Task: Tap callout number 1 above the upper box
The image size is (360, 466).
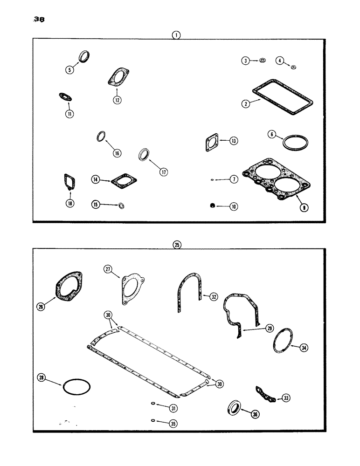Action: tap(176, 35)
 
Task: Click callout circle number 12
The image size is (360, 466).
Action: tap(117, 99)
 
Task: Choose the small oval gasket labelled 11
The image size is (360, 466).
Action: tap(64, 97)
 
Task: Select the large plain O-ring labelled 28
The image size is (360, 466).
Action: tap(76, 386)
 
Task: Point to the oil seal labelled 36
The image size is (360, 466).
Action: tap(236, 408)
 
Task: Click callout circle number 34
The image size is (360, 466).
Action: tap(304, 348)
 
